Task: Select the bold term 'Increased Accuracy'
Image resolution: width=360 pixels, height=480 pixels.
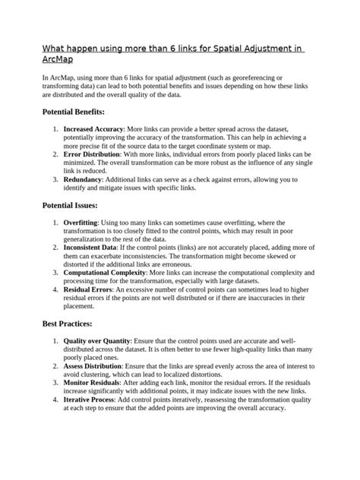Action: point(93,130)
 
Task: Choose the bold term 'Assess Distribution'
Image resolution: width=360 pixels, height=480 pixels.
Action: point(95,366)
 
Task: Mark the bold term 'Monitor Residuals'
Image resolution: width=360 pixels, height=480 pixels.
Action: point(93,382)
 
